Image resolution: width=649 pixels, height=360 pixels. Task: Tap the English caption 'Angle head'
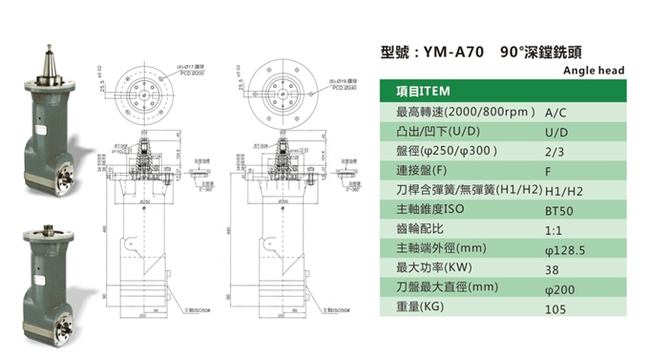tap(593, 71)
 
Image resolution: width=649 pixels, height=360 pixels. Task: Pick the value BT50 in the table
tap(558, 211)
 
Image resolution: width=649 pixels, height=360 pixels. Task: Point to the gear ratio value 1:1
tap(553, 231)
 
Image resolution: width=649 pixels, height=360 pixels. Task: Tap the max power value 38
tap(551, 270)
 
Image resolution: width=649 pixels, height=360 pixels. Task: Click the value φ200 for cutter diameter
tap(558, 290)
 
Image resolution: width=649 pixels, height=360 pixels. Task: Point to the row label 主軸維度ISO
tap(430, 211)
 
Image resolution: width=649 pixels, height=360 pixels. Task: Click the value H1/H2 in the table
tap(560, 192)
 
